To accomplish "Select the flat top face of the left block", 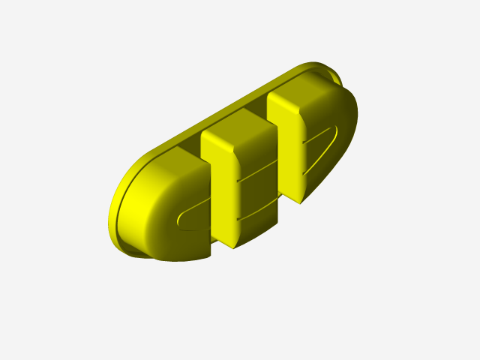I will [x=174, y=159].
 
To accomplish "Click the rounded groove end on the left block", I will [x=180, y=220].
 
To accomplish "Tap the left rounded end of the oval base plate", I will [x=120, y=210].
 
